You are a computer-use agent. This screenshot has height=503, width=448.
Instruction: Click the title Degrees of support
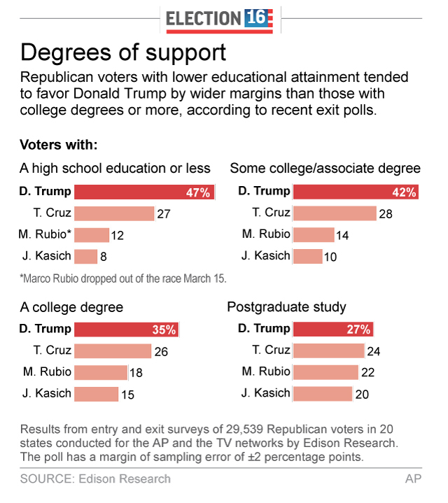pos(123,53)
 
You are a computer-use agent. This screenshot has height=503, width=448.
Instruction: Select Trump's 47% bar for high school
pos(143,192)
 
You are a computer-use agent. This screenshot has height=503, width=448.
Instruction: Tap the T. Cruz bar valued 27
pos(113,213)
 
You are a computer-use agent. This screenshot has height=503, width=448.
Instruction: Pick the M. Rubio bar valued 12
pos(91,235)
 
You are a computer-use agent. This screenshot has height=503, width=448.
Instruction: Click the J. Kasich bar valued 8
pos(85,256)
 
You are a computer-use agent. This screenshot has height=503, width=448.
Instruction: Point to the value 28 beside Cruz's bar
pos(386,214)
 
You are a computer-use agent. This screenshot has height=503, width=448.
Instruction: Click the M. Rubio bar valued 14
pos(314,235)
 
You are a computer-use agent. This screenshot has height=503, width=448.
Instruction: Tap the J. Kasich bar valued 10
pos(307,256)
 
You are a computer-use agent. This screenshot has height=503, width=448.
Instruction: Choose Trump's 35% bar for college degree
pos(126,330)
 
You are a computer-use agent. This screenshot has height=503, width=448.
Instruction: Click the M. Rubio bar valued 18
pos(100,372)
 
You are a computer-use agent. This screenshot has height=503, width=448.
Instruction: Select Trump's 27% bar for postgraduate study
pos(332,330)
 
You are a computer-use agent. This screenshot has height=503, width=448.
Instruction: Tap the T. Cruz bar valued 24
pos(328,351)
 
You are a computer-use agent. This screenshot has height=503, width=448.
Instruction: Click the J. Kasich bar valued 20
pos(322,394)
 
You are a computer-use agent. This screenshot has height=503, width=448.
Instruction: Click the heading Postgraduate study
pos(288,307)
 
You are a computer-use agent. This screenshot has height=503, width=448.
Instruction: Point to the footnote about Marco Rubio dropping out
pos(122,278)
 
